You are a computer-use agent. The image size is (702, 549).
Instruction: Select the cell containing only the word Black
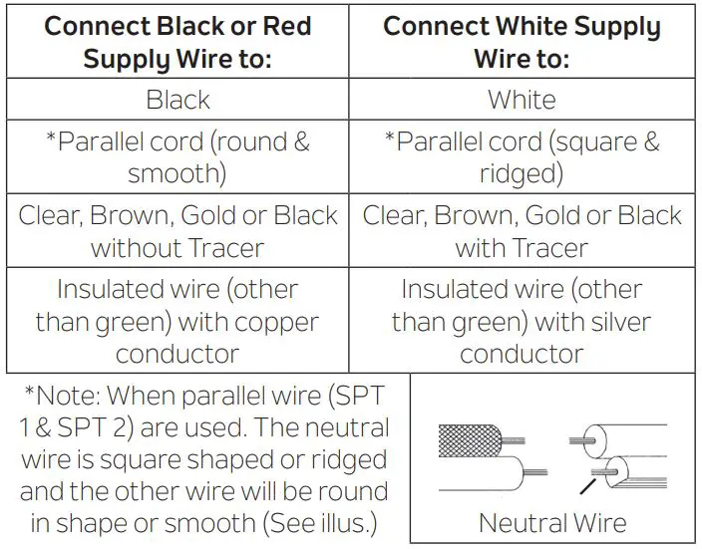[x=177, y=100]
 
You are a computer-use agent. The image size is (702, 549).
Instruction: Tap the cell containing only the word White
[x=522, y=100]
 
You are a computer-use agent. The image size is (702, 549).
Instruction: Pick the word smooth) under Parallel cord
[x=177, y=174]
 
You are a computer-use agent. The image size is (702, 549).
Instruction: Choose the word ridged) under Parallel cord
[x=522, y=174]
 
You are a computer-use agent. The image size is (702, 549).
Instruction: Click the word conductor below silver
[x=522, y=354]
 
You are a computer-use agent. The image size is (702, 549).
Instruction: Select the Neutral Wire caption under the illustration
[x=552, y=522]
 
